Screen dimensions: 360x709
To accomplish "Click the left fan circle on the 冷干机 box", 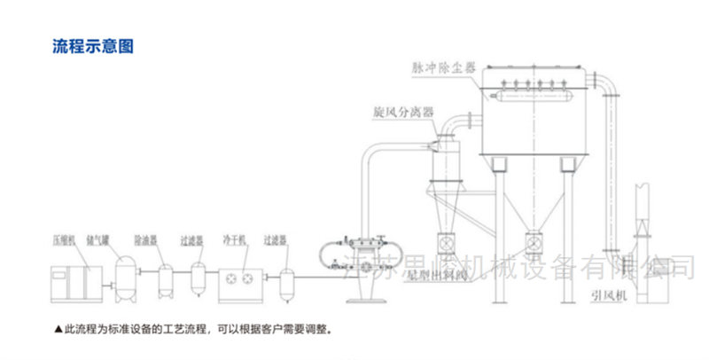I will [x=230, y=277].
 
